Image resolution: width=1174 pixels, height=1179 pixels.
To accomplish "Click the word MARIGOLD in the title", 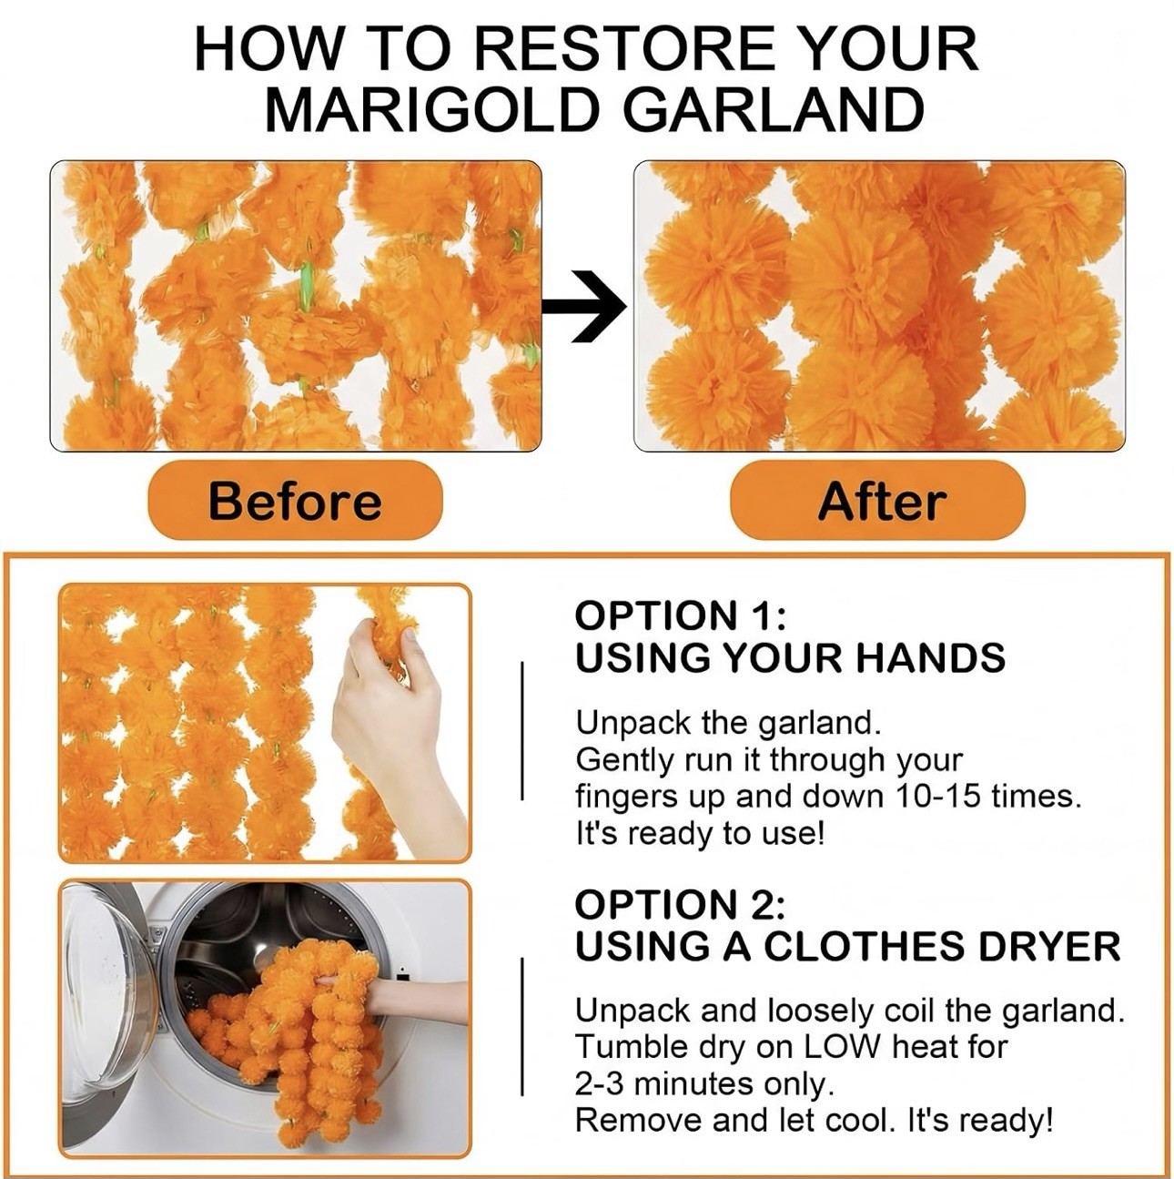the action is click(430, 109).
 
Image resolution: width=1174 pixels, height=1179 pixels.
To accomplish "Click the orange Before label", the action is click(295, 501).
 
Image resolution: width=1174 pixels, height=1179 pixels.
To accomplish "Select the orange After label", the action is click(878, 501).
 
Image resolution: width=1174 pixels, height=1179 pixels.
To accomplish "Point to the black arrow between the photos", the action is click(585, 305).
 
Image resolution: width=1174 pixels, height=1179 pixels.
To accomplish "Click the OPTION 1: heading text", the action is click(680, 615).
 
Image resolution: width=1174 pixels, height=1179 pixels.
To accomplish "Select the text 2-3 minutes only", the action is click(705, 1083).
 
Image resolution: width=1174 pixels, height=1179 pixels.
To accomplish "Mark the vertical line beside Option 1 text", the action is click(521, 730).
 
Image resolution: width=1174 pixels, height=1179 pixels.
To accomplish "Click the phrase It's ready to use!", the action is click(700, 833).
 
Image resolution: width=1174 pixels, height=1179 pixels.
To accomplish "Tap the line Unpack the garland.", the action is click(728, 723).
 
